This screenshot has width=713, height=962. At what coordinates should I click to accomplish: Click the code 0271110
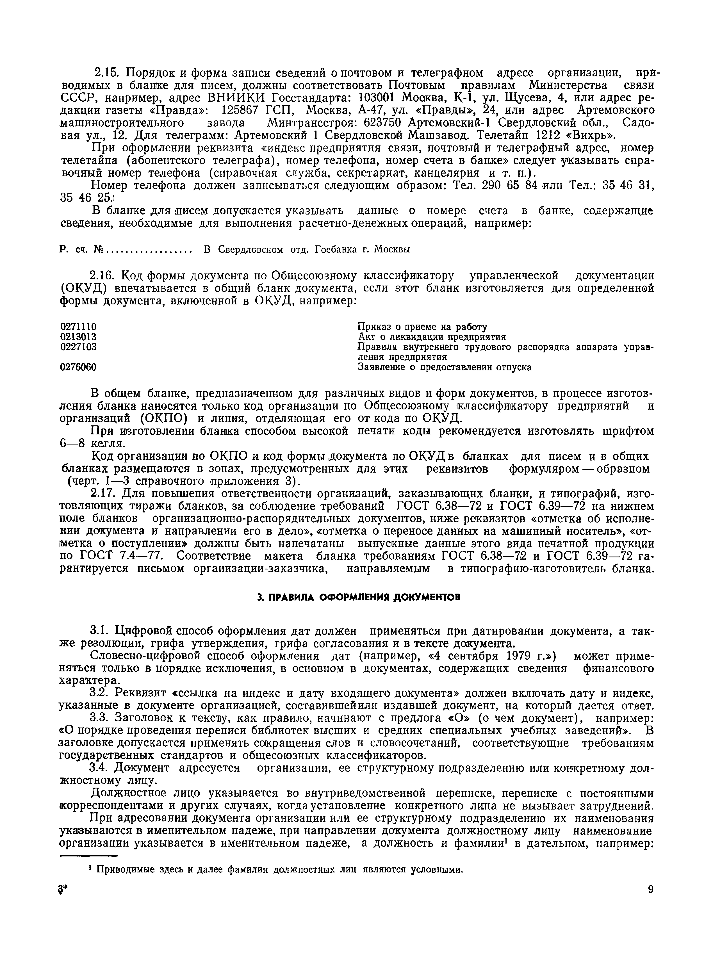[x=78, y=327]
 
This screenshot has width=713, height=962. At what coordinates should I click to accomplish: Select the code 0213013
[x=78, y=337]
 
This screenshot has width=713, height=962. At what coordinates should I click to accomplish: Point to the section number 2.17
[x=104, y=493]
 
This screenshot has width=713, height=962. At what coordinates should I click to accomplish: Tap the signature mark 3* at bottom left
[x=63, y=891]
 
